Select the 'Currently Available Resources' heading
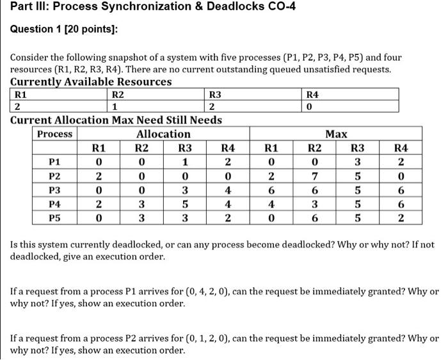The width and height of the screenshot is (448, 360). [91, 81]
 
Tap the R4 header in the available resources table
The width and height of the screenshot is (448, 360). [312, 94]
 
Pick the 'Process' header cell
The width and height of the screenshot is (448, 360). [55, 134]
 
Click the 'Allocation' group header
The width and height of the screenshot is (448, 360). [163, 134]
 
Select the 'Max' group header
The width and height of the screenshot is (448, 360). [337, 134]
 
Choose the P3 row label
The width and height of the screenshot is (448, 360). [55, 190]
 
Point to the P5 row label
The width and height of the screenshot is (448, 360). [55, 217]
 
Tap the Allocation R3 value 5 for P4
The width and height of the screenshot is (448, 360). [185, 204]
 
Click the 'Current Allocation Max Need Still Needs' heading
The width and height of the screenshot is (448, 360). [116, 120]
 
